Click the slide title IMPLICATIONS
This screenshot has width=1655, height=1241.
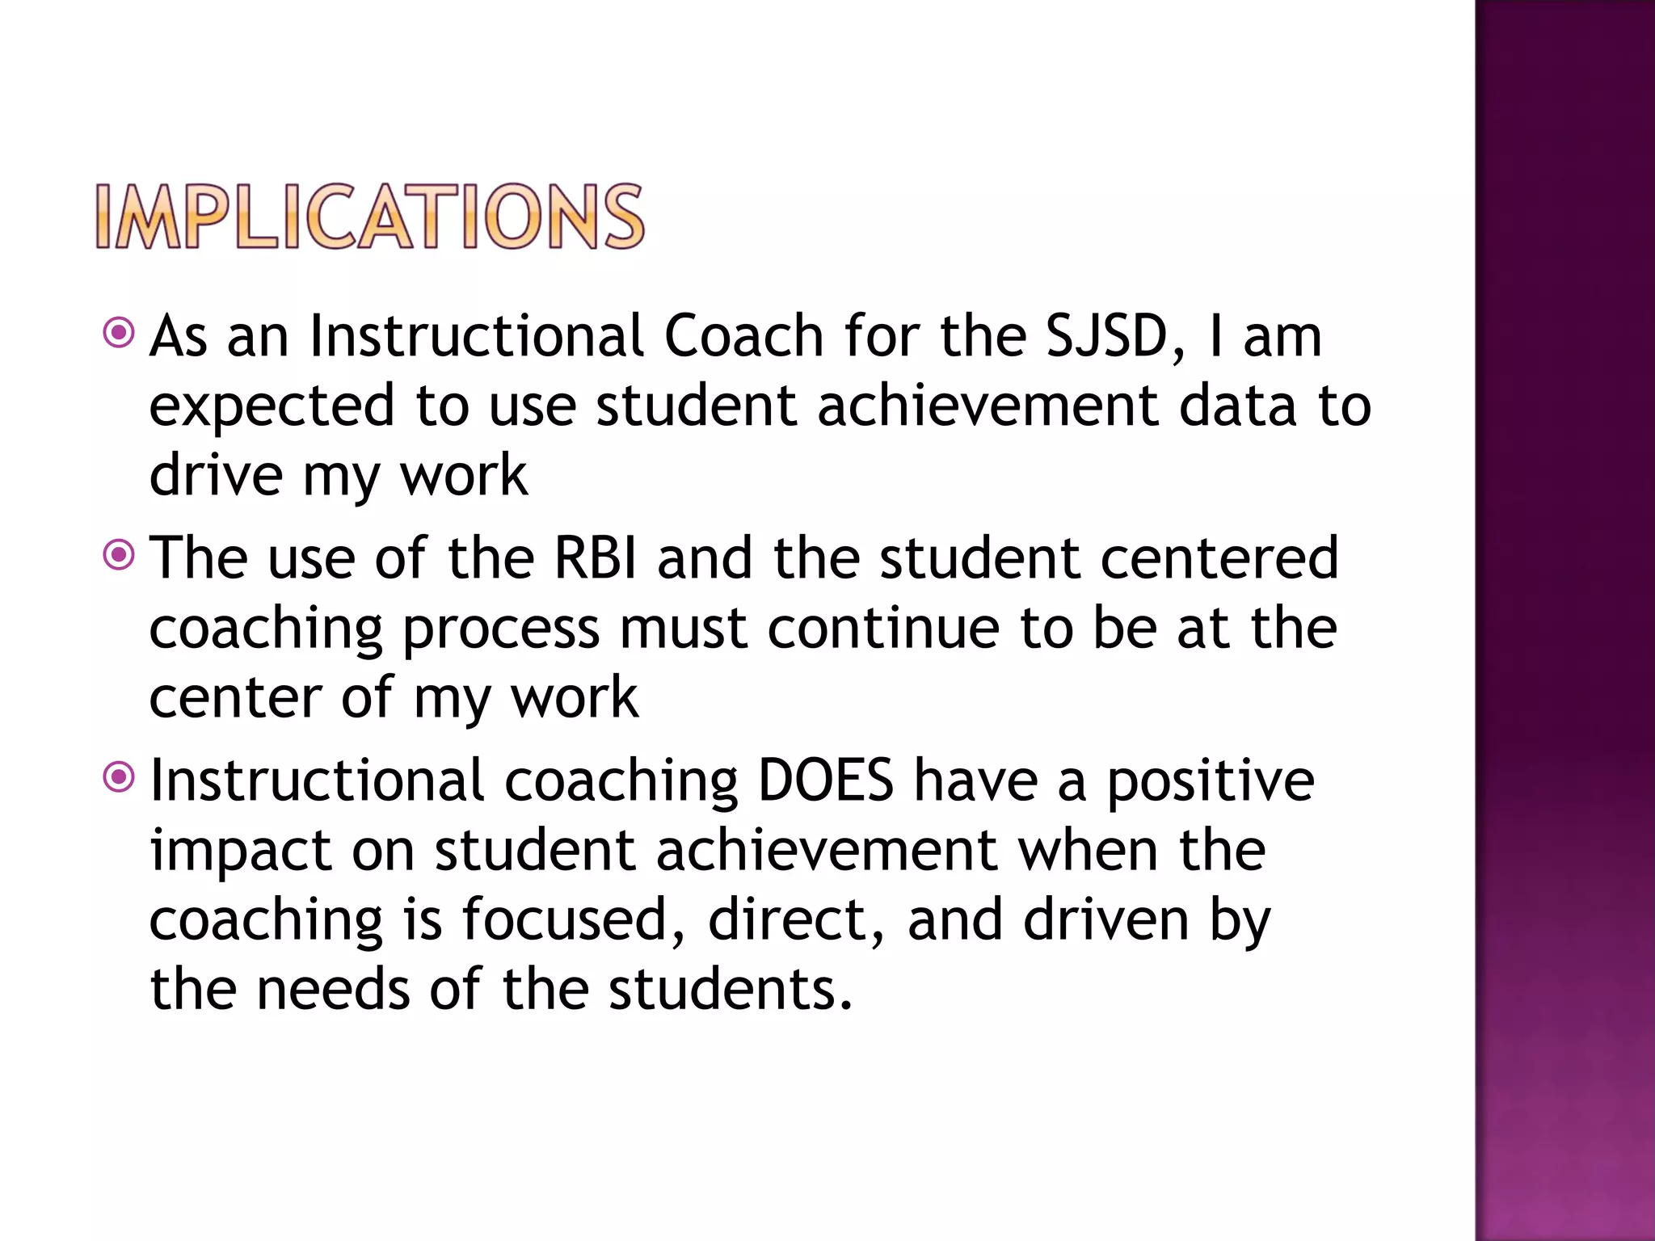pyautogui.click(x=370, y=217)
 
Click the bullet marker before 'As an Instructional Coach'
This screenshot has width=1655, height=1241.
pyautogui.click(x=119, y=332)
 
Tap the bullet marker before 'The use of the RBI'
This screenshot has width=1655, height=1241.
pyautogui.click(x=119, y=554)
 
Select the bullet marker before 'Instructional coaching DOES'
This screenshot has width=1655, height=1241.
pyautogui.click(x=119, y=777)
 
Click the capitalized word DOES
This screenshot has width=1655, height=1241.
pyautogui.click(x=826, y=780)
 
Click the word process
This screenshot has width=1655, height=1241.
pyautogui.click(x=501, y=629)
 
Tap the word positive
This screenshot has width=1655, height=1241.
pyautogui.click(x=1210, y=782)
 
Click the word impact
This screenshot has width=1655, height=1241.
pyautogui.click(x=241, y=852)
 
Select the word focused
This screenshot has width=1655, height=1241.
pyautogui.click(x=573, y=920)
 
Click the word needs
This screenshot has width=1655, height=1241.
pyautogui.click(x=333, y=990)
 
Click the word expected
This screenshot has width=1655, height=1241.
pyautogui.click(x=272, y=406)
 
